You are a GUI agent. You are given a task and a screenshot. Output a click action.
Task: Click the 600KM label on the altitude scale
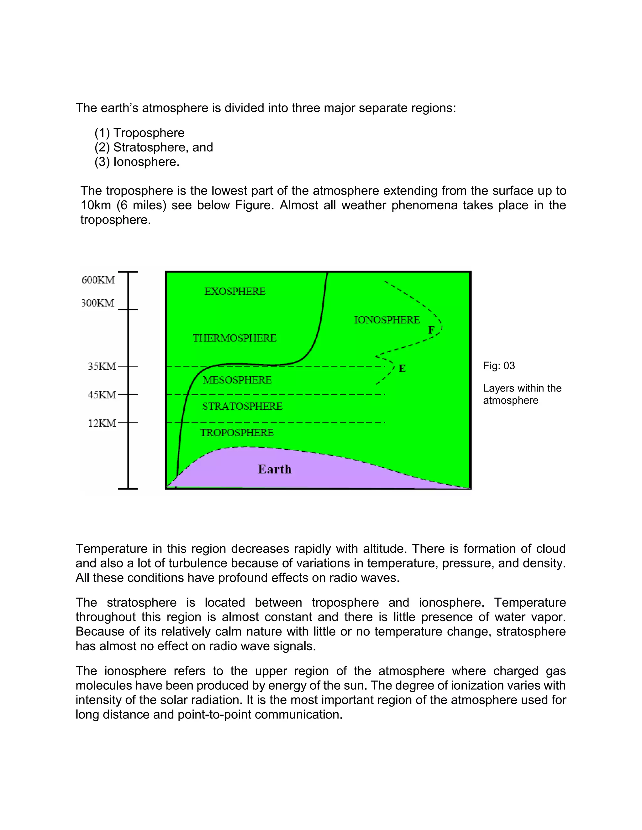[x=98, y=280]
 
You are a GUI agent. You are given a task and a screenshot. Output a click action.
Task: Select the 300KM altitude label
[x=98, y=303]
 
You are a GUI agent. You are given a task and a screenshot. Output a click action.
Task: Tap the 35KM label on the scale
[x=102, y=366]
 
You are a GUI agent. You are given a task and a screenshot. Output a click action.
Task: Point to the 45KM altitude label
[x=102, y=395]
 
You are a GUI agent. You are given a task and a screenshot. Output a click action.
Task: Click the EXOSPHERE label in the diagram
[x=235, y=292]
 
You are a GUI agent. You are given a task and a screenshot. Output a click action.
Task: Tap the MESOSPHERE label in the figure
[x=237, y=380]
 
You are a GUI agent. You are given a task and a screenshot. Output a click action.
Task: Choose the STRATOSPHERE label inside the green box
[x=242, y=406]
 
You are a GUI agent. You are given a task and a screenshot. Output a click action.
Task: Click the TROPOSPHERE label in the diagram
[x=237, y=433]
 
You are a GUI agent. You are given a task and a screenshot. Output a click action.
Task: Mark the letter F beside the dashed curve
[x=431, y=330]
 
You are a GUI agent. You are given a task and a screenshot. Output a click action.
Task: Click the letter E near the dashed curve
[x=402, y=368]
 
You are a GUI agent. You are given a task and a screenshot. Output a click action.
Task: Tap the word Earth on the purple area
[x=275, y=469]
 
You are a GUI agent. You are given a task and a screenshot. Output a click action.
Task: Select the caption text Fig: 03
[x=499, y=366]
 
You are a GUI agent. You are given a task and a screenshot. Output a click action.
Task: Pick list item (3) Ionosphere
[x=137, y=162]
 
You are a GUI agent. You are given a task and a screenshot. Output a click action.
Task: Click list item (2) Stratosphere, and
[x=154, y=147]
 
